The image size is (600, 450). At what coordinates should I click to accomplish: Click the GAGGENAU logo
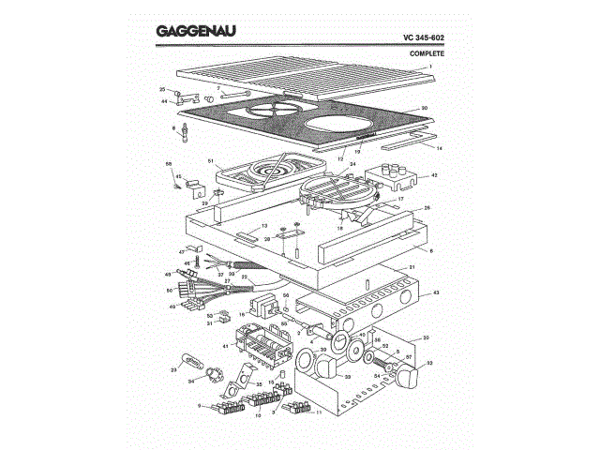[x=195, y=31]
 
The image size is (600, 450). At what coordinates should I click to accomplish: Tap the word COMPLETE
[x=427, y=53]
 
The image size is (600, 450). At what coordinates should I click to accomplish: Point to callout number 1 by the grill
[x=429, y=67]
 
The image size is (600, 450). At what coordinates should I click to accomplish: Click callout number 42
[x=433, y=175]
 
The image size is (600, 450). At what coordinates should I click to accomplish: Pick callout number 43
[x=435, y=294]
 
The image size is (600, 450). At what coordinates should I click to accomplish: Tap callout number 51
[x=211, y=161]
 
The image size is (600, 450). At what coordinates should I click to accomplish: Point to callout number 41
[x=225, y=346]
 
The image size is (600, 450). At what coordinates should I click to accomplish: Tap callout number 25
[x=162, y=89]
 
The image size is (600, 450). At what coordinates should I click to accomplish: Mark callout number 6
[x=431, y=251]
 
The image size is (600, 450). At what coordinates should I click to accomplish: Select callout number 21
[x=410, y=267]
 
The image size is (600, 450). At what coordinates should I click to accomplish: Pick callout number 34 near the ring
[x=191, y=382]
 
